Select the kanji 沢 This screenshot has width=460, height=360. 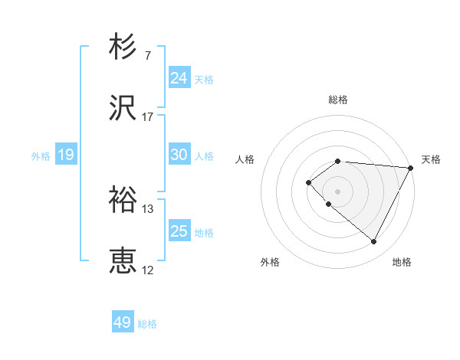tap(123, 109)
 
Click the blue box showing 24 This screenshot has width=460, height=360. tap(179, 78)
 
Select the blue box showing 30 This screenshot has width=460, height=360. tap(179, 155)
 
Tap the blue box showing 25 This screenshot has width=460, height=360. tap(179, 231)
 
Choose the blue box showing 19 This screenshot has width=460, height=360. tap(65, 155)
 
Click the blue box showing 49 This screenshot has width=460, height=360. tap(122, 322)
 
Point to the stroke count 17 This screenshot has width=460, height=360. tap(148, 117)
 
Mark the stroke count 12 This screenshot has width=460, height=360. tap(148, 270)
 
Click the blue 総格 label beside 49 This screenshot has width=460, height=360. tap(147, 324)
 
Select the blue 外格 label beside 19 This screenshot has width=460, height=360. tap(41, 156)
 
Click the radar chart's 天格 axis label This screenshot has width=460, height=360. tap(431, 159)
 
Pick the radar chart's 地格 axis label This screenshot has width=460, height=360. tap(402, 262)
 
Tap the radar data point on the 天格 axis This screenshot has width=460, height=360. tap(410, 167)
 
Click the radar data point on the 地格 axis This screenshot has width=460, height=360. tap(374, 242)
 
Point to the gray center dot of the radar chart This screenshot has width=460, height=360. tap(337, 191)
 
